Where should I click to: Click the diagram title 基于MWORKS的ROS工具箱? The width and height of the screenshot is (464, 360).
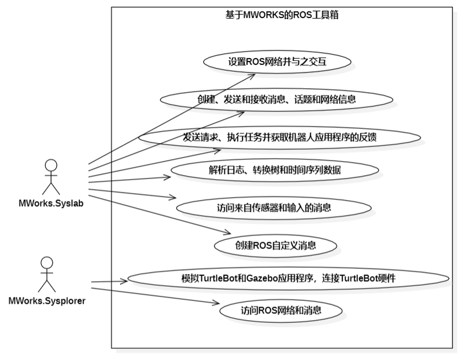pyautogui.click(x=282, y=16)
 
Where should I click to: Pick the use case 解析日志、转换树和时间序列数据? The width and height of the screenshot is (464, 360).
pyautogui.click(x=275, y=170)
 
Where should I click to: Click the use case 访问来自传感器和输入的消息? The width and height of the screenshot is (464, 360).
pyautogui.click(x=273, y=207)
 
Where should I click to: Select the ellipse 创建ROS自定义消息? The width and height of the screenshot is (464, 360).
pyautogui.click(x=275, y=245)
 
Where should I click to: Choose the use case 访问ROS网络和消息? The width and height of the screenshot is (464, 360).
pyautogui.click(x=281, y=311)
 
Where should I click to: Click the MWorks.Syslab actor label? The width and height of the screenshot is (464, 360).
pyautogui.click(x=51, y=203)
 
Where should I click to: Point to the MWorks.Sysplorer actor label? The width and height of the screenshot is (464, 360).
pyautogui.click(x=49, y=301)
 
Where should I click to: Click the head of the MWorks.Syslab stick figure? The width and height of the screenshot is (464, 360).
pyautogui.click(x=51, y=164)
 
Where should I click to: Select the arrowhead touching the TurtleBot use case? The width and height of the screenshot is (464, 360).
pyautogui.click(x=124, y=281)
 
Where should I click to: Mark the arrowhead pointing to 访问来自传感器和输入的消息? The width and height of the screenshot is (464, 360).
pyautogui.click(x=173, y=198)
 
